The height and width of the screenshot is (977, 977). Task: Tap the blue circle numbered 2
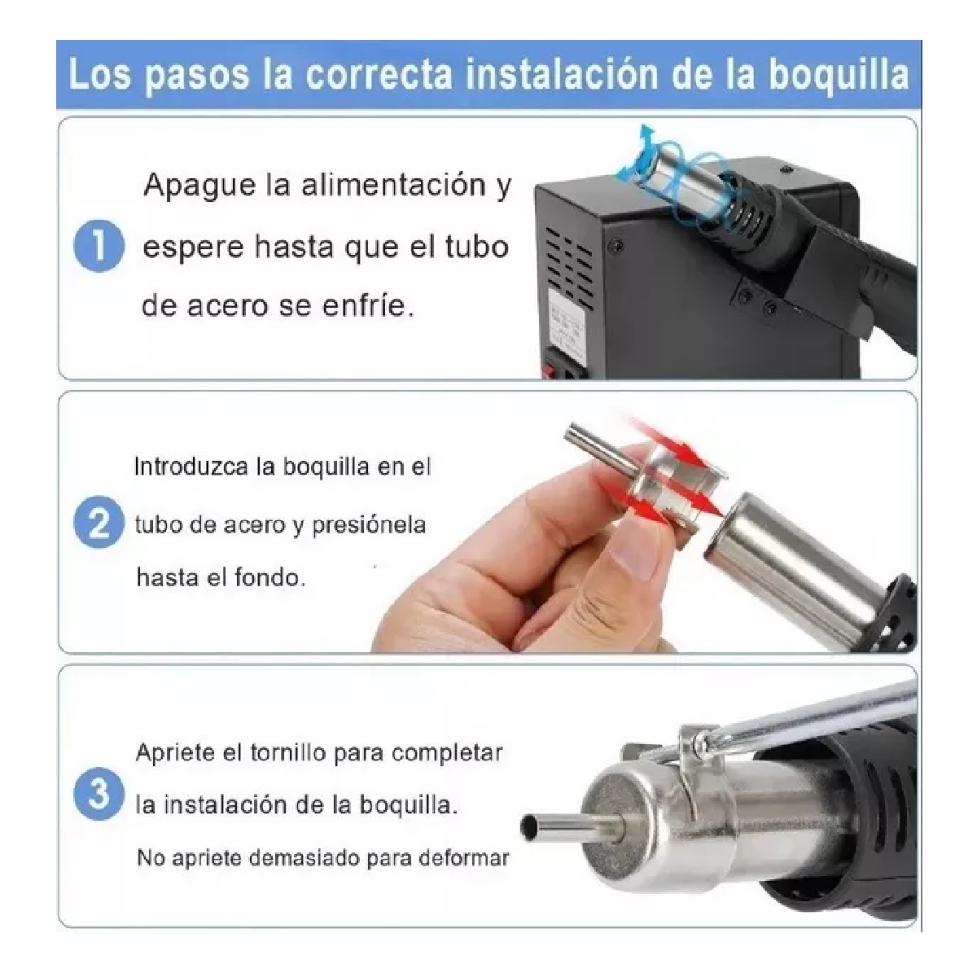99,524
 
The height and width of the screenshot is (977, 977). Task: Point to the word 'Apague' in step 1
199,186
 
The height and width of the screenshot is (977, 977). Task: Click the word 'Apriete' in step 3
175,753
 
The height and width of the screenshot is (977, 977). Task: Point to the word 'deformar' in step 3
463,857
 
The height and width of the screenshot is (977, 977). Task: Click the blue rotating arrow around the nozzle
643,155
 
